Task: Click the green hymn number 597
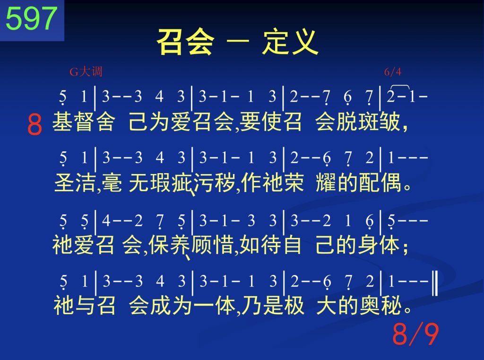pos(32,19)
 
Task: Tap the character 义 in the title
pos(304,42)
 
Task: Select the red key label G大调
pos(86,72)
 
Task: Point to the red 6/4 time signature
pos(393,72)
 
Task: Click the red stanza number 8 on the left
pos(35,124)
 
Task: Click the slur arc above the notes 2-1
pos(399,86)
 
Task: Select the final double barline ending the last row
pos(435,283)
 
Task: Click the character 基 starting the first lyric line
pos(63,122)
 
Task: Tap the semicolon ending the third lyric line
pos(406,247)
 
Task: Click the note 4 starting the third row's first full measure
pos(106,220)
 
